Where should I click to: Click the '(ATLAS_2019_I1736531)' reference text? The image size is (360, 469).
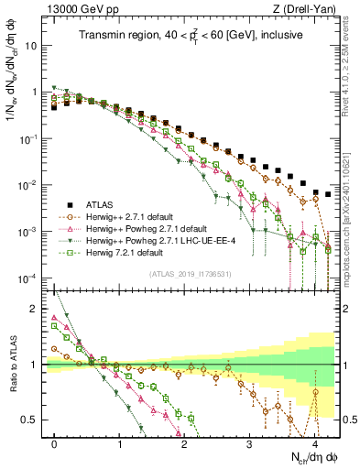tap(190, 274)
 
